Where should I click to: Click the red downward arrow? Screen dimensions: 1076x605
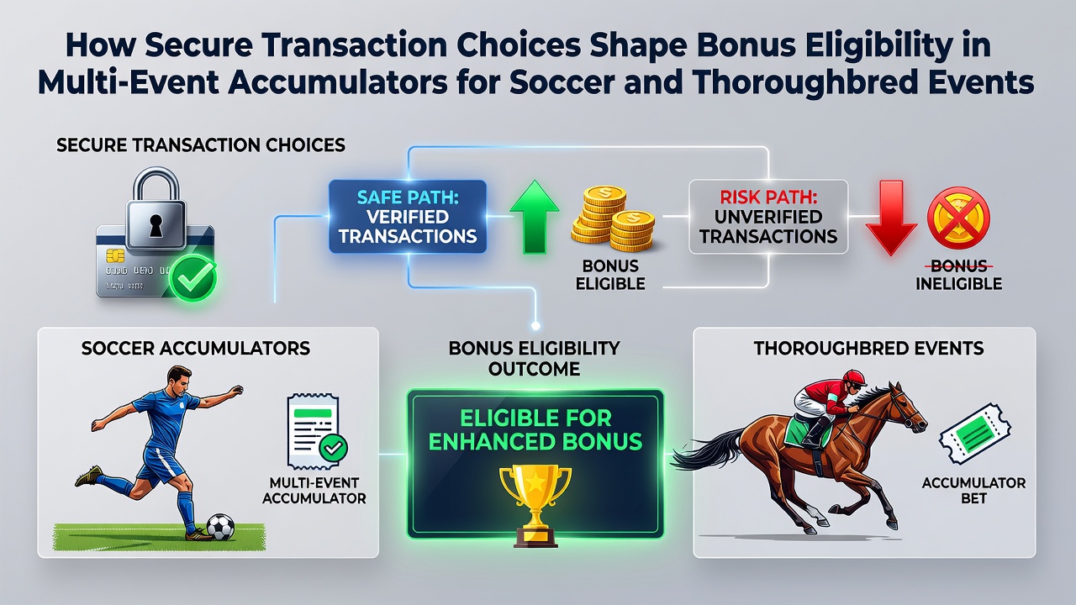(x=891, y=218)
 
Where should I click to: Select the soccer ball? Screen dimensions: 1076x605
(x=220, y=527)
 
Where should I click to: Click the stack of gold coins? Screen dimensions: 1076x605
(x=613, y=218)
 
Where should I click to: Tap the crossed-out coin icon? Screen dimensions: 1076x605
(x=958, y=218)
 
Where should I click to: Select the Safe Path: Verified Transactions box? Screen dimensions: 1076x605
(x=408, y=217)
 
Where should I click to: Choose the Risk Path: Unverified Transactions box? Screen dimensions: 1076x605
(x=768, y=217)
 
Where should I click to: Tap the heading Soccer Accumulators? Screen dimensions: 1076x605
(x=196, y=348)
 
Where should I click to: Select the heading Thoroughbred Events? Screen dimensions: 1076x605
(x=868, y=348)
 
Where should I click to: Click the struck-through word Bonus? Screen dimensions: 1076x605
(x=959, y=266)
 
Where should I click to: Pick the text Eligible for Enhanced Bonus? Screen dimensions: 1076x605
(x=535, y=429)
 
